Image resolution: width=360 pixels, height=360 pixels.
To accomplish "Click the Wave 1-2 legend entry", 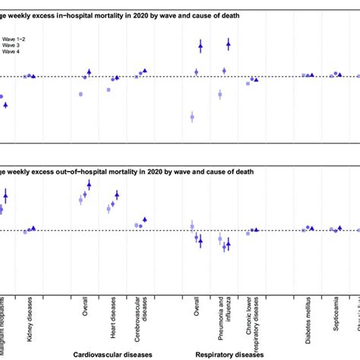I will coord(11,36).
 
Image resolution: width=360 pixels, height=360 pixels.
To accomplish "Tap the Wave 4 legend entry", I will coord(9,52).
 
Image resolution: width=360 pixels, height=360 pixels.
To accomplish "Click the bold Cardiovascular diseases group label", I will coord(112,353).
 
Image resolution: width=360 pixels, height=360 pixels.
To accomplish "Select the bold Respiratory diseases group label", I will coord(229,353).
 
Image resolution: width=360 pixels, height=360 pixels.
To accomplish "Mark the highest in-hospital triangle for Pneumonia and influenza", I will coord(228,45).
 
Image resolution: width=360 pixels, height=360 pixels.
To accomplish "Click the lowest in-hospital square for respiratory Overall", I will coord(192,117).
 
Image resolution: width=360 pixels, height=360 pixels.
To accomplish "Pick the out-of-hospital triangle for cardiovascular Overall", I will coord(89,184).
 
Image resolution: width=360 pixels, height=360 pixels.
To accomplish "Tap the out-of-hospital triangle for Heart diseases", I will coord(117,195).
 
